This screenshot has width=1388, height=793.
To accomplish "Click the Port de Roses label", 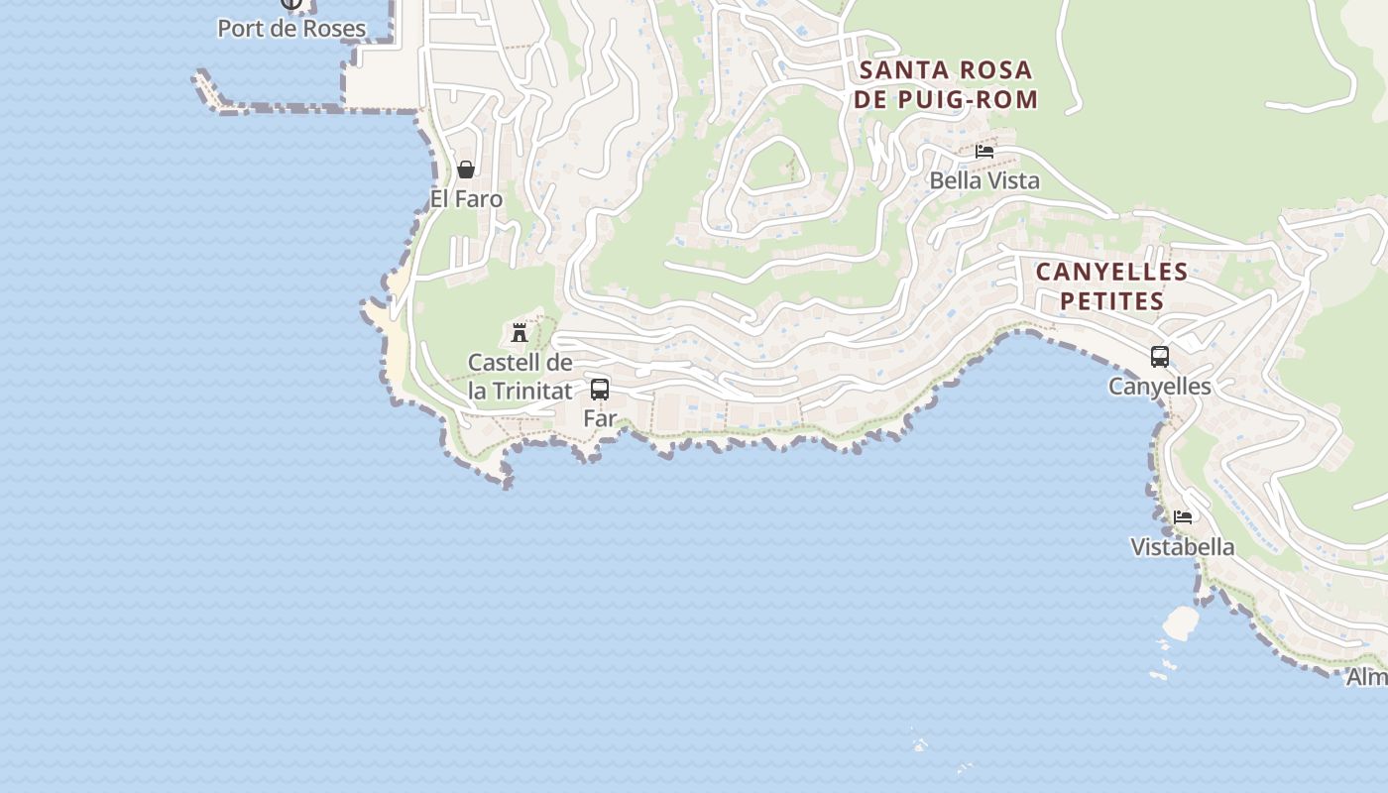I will pyautogui.click(x=291, y=29).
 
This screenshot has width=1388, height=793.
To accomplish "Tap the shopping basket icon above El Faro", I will pyautogui.click(x=466, y=170).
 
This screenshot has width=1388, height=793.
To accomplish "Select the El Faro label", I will pyautogui.click(x=466, y=199).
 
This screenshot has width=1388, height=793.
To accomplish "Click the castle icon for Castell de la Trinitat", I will pyautogui.click(x=520, y=332).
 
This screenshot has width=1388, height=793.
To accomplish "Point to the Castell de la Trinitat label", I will pyautogui.click(x=520, y=377).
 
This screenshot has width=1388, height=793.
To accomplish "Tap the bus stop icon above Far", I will pyautogui.click(x=600, y=390).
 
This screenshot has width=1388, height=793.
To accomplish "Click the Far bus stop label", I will pyautogui.click(x=600, y=418).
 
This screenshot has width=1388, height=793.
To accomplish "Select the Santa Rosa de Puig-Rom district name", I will pyautogui.click(x=946, y=84).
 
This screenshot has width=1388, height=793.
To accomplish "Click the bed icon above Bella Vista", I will pyautogui.click(x=984, y=152).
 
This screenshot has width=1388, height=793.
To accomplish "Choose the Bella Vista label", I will pyautogui.click(x=984, y=180).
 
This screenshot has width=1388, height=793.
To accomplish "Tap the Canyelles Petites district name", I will pyautogui.click(x=1111, y=285).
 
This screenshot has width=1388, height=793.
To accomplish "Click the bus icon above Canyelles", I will pyautogui.click(x=1160, y=357).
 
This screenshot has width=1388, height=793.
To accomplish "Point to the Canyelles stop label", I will pyautogui.click(x=1160, y=387).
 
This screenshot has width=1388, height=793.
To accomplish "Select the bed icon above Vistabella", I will pyautogui.click(x=1183, y=517).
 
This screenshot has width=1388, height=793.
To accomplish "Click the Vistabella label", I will pyautogui.click(x=1183, y=547).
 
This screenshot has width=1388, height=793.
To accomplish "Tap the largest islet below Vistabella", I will pyautogui.click(x=1180, y=623).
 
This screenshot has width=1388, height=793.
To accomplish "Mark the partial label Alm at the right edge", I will pyautogui.click(x=1367, y=678).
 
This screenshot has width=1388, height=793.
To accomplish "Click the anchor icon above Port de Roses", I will pyautogui.click(x=291, y=3).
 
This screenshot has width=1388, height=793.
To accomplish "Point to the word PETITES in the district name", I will pyautogui.click(x=1111, y=300).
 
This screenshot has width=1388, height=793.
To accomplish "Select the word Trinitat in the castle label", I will pyautogui.click(x=532, y=391).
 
